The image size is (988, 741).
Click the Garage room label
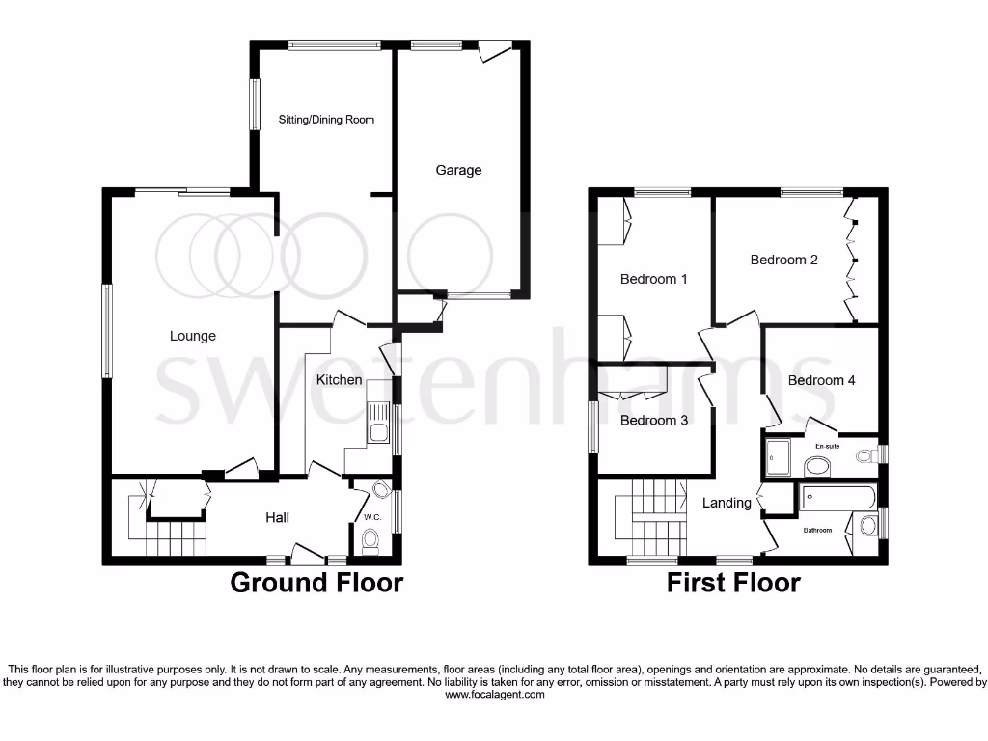[458, 170]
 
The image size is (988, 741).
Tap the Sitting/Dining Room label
[326, 120]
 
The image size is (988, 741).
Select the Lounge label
[193, 336]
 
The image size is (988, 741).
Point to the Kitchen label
[340, 380]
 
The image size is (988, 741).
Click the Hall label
[278, 518]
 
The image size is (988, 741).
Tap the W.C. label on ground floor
[373, 517]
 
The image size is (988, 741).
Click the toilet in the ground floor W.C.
[370, 546]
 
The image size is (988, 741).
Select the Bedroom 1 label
[654, 279]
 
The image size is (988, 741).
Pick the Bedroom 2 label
[784, 260]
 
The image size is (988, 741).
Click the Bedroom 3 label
[654, 421]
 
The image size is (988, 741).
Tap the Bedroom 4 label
[822, 380]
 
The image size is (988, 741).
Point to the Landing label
[727, 503]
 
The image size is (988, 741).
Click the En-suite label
[828, 447]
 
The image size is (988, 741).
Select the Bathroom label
[818, 530]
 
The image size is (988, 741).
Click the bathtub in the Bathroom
[837, 499]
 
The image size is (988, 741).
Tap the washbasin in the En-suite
[817, 467]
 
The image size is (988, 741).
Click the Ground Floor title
[316, 583]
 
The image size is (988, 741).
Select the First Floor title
[733, 583]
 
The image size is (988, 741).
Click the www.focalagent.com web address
[493, 695]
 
